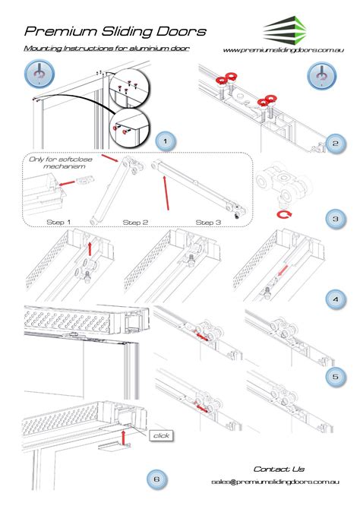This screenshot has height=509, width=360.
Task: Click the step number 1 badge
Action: coord(166,141)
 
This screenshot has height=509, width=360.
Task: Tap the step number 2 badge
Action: coord(336,143)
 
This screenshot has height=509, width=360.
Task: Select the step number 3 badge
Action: coord(336,219)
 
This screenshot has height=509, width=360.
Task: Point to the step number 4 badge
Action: coord(336,299)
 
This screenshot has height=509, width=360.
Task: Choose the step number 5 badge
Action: coord(336,377)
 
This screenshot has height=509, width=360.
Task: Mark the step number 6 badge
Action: coord(156,479)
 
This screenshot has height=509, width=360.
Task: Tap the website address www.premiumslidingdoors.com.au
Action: coord(283,50)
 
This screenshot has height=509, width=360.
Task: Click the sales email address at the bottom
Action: coord(275,482)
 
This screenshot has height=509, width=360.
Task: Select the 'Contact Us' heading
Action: coord(279,469)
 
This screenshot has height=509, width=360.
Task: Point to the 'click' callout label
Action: coord(161,435)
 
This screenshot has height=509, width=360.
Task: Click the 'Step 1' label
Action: coord(58,223)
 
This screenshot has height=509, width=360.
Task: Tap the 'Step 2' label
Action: coord(135,223)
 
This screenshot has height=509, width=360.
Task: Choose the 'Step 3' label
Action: coord(208,223)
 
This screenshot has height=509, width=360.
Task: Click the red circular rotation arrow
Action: coord(284,214)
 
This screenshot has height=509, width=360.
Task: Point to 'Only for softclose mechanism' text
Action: coord(61,163)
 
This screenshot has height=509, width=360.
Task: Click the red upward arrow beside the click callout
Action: coord(123,438)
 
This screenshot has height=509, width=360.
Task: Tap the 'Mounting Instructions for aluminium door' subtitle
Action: coord(106,49)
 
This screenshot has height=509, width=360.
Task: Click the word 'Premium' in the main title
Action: coord(61,32)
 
